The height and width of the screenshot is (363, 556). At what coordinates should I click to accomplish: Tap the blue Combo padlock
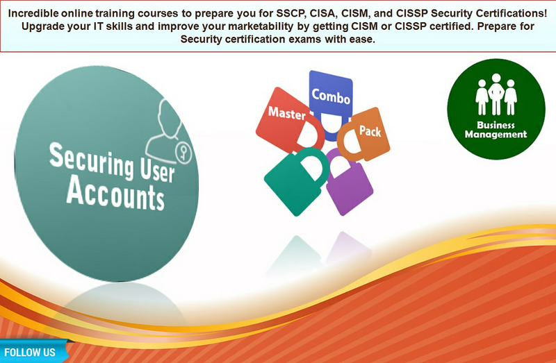(x=331, y=103)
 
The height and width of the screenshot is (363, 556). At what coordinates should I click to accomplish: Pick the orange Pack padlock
(x=363, y=135)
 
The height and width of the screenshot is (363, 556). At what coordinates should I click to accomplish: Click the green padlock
(x=297, y=181)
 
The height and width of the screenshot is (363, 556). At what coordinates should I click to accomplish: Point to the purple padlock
(x=349, y=183)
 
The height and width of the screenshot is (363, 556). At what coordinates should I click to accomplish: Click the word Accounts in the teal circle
(x=115, y=194)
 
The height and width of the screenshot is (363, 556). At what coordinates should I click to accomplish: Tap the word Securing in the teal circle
(x=92, y=160)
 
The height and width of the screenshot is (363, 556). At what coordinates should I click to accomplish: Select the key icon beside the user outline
(x=183, y=153)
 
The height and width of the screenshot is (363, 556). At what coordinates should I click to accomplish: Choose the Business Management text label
(x=496, y=130)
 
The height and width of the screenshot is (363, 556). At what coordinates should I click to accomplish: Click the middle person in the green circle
(x=496, y=94)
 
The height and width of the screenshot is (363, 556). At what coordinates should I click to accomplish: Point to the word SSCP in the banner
(x=291, y=13)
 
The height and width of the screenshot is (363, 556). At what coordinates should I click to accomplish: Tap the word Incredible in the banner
(x=33, y=13)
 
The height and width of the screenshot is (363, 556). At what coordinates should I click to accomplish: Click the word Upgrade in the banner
(x=39, y=26)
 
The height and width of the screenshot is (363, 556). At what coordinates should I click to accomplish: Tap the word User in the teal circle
(x=157, y=169)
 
